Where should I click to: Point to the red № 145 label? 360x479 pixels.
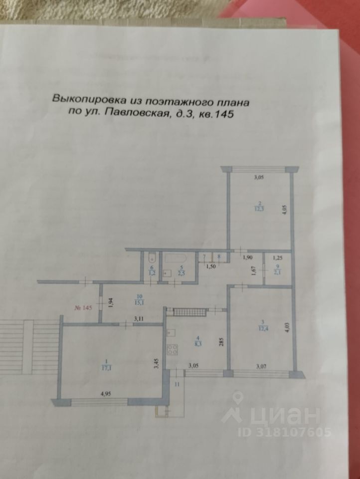(83, 307)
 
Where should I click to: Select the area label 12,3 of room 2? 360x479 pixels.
(258, 210)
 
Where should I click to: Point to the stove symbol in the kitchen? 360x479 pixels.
(172, 350)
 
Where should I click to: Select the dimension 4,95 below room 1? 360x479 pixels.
(106, 394)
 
